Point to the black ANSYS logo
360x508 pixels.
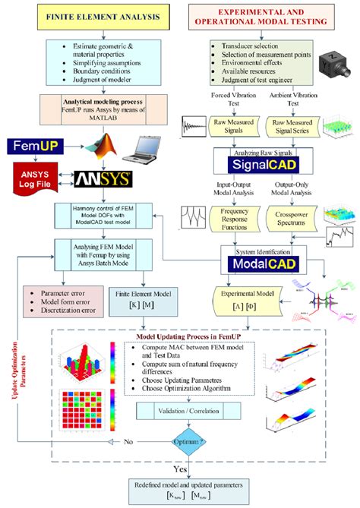click(x=103, y=179)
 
